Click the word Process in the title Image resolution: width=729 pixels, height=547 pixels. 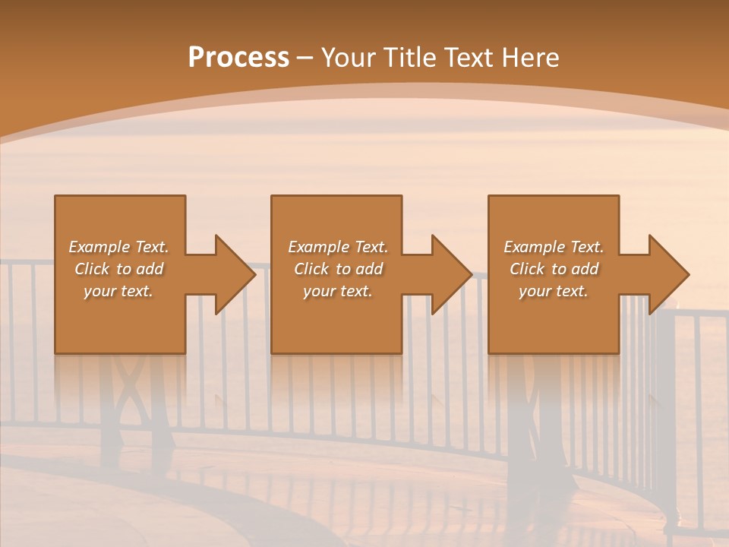[238, 58]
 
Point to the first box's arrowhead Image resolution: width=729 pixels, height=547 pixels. [235, 274]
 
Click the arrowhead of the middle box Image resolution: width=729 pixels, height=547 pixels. [452, 274]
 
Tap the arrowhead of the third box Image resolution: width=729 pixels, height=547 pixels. [669, 274]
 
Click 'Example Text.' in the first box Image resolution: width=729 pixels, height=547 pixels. [118, 247]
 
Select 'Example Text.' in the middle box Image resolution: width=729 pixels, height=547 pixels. [337, 247]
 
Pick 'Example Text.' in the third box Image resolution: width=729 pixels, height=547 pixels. [554, 247]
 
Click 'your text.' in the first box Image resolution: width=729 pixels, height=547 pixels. [118, 291]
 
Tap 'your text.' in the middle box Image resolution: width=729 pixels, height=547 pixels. [337, 291]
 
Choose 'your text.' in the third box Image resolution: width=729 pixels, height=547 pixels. [554, 291]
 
